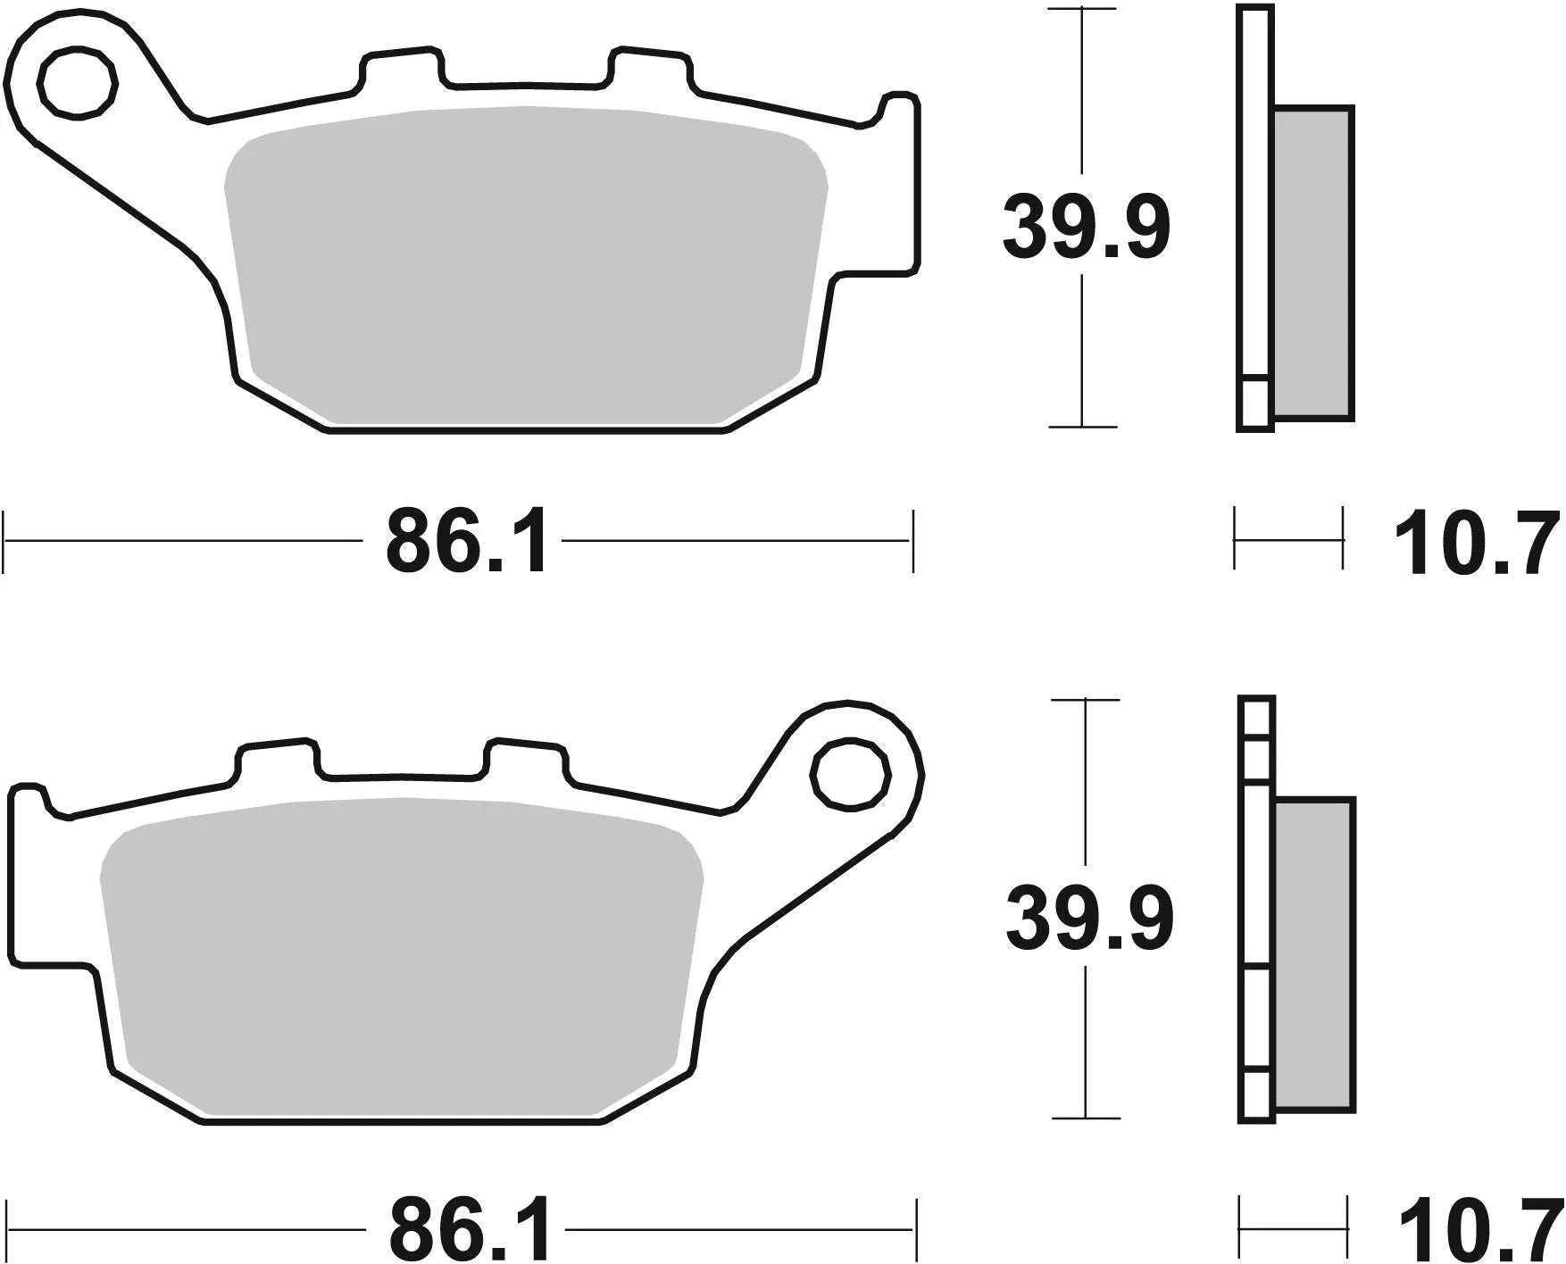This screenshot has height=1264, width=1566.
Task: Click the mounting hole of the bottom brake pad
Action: [x=851, y=774]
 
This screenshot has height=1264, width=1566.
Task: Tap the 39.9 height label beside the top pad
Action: [x=1085, y=226]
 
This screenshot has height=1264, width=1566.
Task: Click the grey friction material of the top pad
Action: [x=527, y=268]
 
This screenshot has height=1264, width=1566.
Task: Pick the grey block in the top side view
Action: [x=1313, y=263]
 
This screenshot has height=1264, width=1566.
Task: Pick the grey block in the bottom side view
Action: [x=1315, y=955]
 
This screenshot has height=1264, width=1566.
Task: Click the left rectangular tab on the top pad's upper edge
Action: [x=401, y=70]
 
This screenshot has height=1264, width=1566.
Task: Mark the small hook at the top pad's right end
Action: [x=900, y=105]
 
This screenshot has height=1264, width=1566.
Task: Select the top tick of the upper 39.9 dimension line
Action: [x=1082, y=9]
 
